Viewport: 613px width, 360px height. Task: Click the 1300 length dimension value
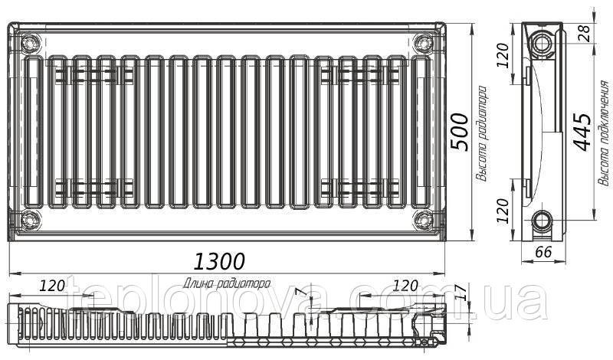pos(219,261)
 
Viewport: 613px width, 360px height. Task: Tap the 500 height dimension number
pos(459,132)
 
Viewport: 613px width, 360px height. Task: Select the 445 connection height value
pos(582,132)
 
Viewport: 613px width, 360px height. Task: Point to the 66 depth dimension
pos(543,252)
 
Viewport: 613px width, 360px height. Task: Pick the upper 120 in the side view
pos(503,55)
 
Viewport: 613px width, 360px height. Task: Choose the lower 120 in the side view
pos(503,211)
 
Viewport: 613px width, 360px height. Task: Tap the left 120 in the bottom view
pos(52,286)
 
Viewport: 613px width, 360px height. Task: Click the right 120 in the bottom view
pos(405,286)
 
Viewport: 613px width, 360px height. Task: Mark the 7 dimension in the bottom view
pos(299,292)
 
